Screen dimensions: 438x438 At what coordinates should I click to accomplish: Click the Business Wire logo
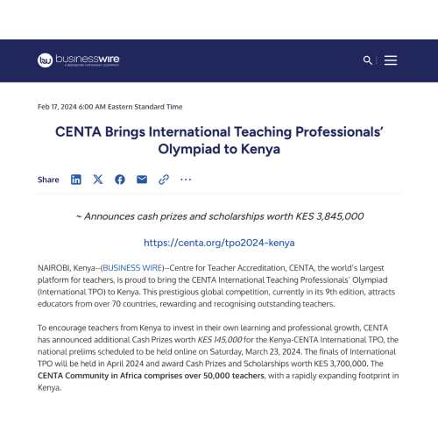78,60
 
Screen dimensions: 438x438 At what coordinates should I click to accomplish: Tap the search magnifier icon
367,60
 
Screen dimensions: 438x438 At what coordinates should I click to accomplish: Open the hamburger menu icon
391,60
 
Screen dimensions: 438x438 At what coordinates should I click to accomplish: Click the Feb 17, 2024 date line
110,107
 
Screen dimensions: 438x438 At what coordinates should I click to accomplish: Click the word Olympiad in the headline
188,149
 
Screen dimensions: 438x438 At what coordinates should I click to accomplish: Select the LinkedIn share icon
76,180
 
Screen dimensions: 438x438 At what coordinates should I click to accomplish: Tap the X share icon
97,180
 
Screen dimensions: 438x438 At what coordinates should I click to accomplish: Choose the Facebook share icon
119,180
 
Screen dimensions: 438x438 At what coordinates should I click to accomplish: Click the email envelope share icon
141,180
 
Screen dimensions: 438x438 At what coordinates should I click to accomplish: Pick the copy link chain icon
163,180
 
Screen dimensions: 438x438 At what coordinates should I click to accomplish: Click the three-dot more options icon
185,180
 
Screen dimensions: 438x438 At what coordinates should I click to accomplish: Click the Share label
48,180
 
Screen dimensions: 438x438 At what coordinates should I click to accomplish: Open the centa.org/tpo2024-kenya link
219,243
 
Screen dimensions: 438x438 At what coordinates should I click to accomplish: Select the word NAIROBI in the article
54,267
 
